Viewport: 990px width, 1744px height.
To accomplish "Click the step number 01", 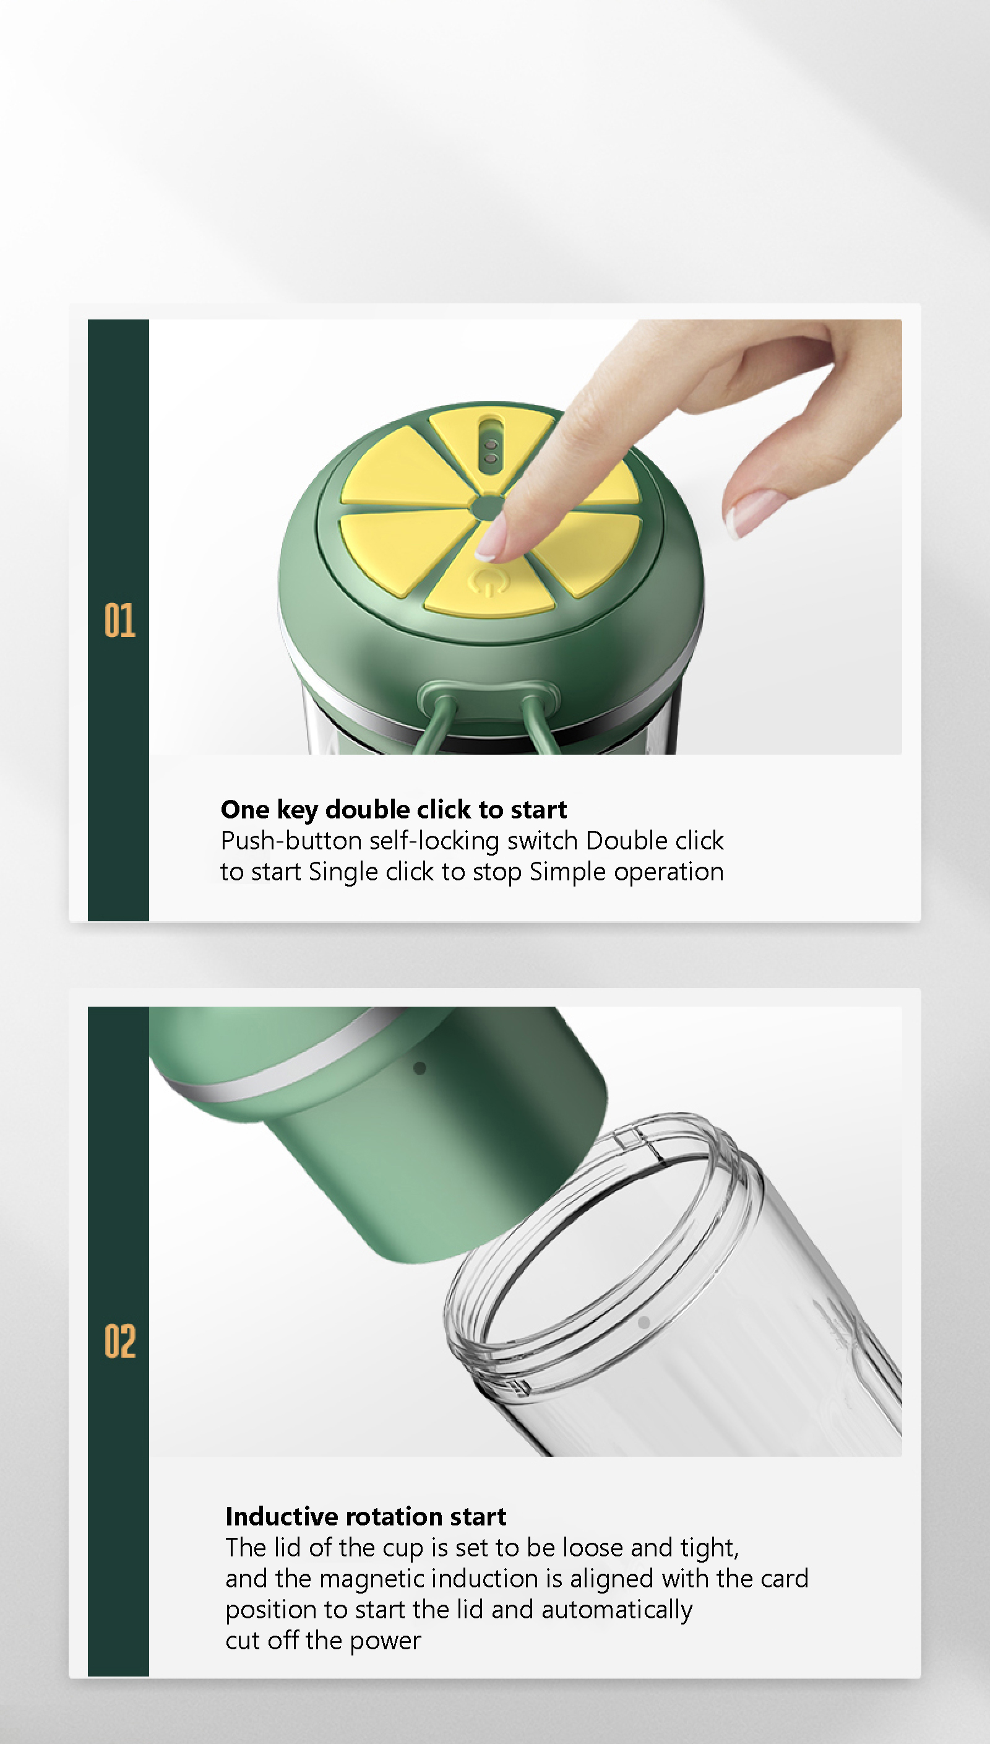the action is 119,620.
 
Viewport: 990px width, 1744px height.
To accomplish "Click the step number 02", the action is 119,1342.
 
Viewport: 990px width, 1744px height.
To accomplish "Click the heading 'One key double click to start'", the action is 394,809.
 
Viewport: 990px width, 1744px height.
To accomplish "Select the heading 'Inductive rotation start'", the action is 366,1516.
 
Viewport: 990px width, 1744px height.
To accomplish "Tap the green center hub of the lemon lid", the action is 487,507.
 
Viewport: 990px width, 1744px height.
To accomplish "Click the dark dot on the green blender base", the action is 420,1068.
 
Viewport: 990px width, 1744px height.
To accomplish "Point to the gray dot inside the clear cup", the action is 644,1322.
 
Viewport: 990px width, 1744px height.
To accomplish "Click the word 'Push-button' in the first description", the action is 291,841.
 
